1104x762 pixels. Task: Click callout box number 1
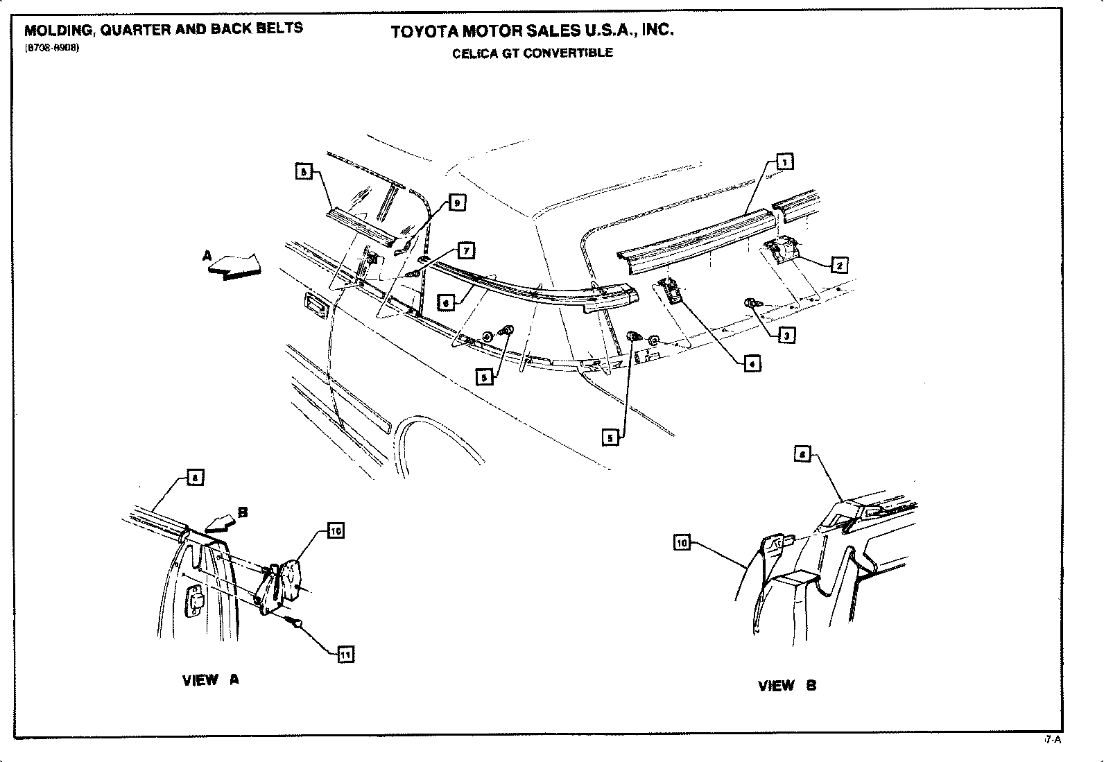(x=784, y=162)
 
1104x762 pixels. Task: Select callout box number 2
(x=839, y=265)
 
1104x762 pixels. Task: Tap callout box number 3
(x=786, y=336)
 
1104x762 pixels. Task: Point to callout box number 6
(x=446, y=303)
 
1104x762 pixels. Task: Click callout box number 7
(x=465, y=250)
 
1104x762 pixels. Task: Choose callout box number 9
(x=456, y=202)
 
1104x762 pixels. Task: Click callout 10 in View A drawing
(x=335, y=531)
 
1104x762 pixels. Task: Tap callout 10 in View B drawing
(x=682, y=543)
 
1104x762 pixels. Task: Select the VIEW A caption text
(x=210, y=680)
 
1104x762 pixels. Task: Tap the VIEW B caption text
(x=787, y=686)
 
